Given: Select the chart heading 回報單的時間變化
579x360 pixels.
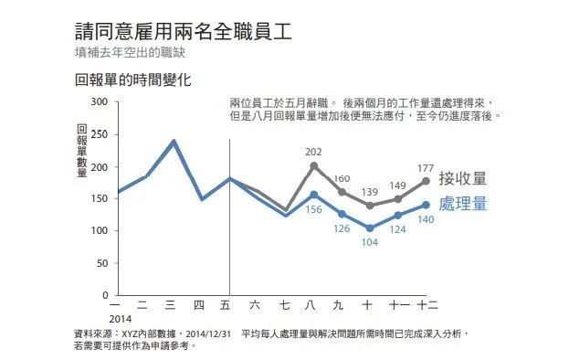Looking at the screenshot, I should tap(132, 79).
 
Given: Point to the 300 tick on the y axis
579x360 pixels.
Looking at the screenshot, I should tap(100, 102).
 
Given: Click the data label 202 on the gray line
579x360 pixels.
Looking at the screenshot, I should tap(314, 153).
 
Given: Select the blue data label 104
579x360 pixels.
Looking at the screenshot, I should tap(368, 243).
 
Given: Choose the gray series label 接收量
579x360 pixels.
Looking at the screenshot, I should tap(462, 178).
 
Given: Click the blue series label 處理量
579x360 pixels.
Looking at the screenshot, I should tap(462, 204).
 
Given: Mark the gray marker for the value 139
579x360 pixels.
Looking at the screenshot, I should tap(369, 206).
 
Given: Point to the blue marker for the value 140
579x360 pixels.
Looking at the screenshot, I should tap(426, 205).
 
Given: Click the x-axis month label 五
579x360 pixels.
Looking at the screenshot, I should tap(228, 305).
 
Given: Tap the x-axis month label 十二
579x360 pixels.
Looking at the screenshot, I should tap(426, 305).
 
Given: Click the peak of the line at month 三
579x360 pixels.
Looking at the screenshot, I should tap(173, 142).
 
